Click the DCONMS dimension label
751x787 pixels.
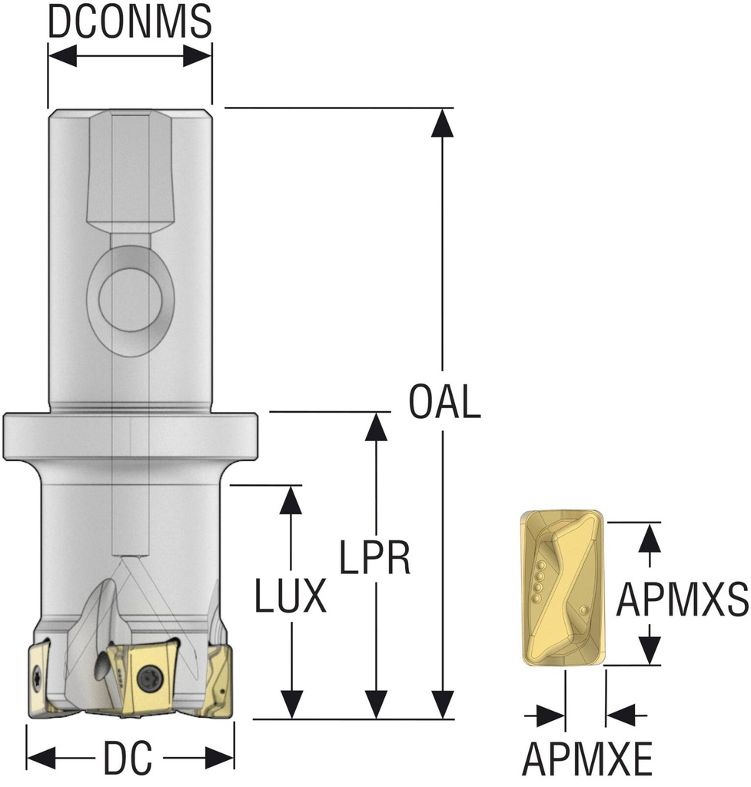coord(129,22)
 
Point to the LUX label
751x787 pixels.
coord(291,596)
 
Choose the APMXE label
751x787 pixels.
coord(588,760)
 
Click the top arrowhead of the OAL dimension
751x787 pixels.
coord(443,122)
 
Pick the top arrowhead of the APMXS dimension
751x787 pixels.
coord(650,536)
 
